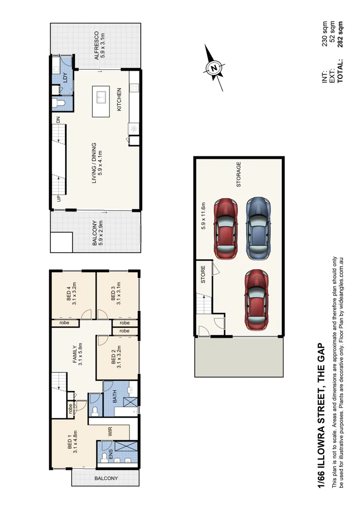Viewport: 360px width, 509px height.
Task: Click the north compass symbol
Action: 214,68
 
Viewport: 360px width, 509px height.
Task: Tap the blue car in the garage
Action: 257,228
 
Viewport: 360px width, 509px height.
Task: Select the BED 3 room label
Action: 113,293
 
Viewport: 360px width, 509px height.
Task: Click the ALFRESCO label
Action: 96,45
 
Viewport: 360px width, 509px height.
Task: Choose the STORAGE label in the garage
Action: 238,175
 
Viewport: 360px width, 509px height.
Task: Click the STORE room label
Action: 204,275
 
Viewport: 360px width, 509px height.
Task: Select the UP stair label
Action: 58,198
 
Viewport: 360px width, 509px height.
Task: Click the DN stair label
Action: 58,121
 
